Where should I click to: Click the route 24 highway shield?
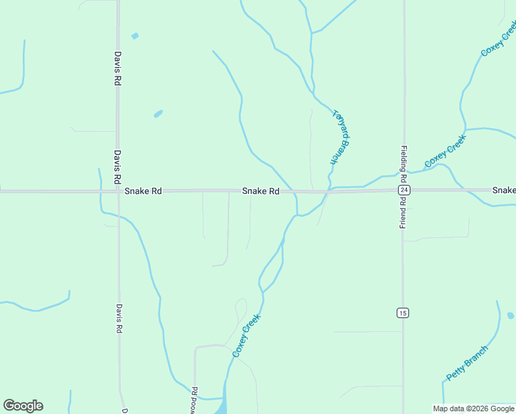(x=404, y=190)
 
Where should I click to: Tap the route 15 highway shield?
(x=403, y=313)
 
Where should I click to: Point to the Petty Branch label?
(x=467, y=363)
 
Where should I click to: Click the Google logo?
(x=23, y=406)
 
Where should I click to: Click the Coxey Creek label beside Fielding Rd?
(x=446, y=150)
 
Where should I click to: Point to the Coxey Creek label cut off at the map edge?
(x=498, y=39)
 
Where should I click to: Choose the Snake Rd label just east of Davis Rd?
(x=143, y=191)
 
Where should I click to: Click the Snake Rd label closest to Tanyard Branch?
(x=260, y=191)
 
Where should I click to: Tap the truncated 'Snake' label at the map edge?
(x=504, y=190)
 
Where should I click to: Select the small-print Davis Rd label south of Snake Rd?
(x=119, y=319)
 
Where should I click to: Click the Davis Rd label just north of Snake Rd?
(x=118, y=166)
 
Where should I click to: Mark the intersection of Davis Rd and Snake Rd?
(x=118, y=191)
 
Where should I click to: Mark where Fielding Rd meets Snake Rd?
(x=404, y=190)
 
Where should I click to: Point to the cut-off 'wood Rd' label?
(x=195, y=400)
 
